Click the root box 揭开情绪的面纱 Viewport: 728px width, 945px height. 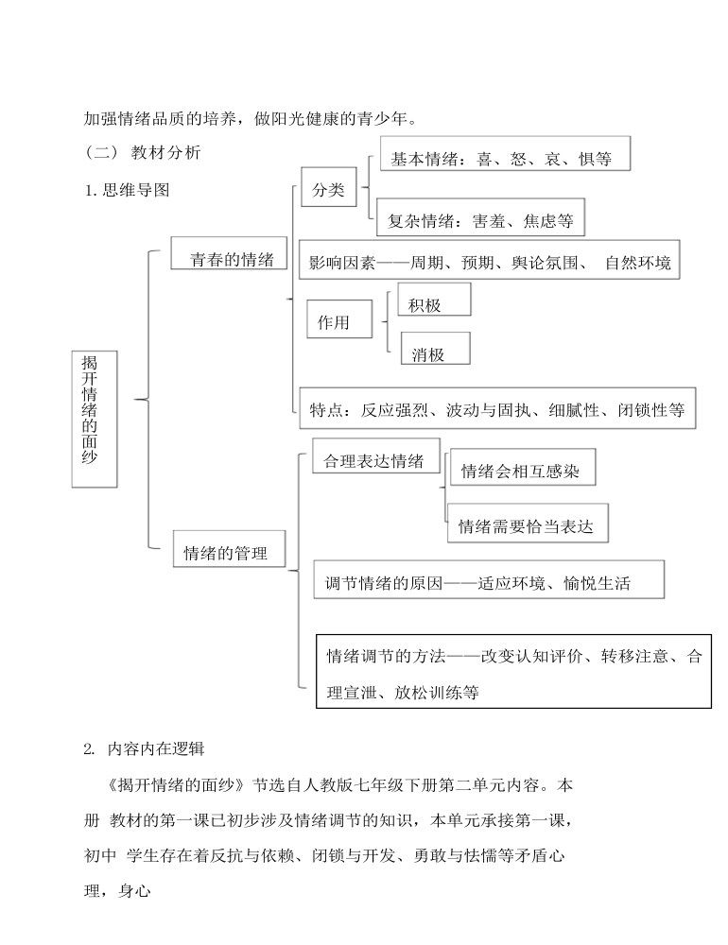point(95,419)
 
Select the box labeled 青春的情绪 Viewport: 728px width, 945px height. point(229,253)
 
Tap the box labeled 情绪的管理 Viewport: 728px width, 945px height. point(229,548)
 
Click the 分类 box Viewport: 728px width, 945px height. point(329,187)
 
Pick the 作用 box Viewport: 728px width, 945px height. point(339,318)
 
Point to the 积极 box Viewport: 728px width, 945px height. point(434,299)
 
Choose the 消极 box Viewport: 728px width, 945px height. point(436,349)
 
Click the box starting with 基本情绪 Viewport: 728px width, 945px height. point(505,153)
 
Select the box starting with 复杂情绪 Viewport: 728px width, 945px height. point(480,217)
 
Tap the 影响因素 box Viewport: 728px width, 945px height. point(489,259)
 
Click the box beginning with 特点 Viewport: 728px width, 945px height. point(497,408)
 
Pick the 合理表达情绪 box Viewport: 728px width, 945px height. point(376,455)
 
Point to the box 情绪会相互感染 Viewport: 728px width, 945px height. point(523,467)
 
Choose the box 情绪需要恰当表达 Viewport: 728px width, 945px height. point(528,524)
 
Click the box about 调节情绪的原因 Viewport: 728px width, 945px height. point(489,579)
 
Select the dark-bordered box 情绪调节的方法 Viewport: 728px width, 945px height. point(514,671)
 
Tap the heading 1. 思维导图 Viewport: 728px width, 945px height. point(128,191)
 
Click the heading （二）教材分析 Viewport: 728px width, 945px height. point(143,152)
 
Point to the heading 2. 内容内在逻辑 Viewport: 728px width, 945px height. point(144,749)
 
